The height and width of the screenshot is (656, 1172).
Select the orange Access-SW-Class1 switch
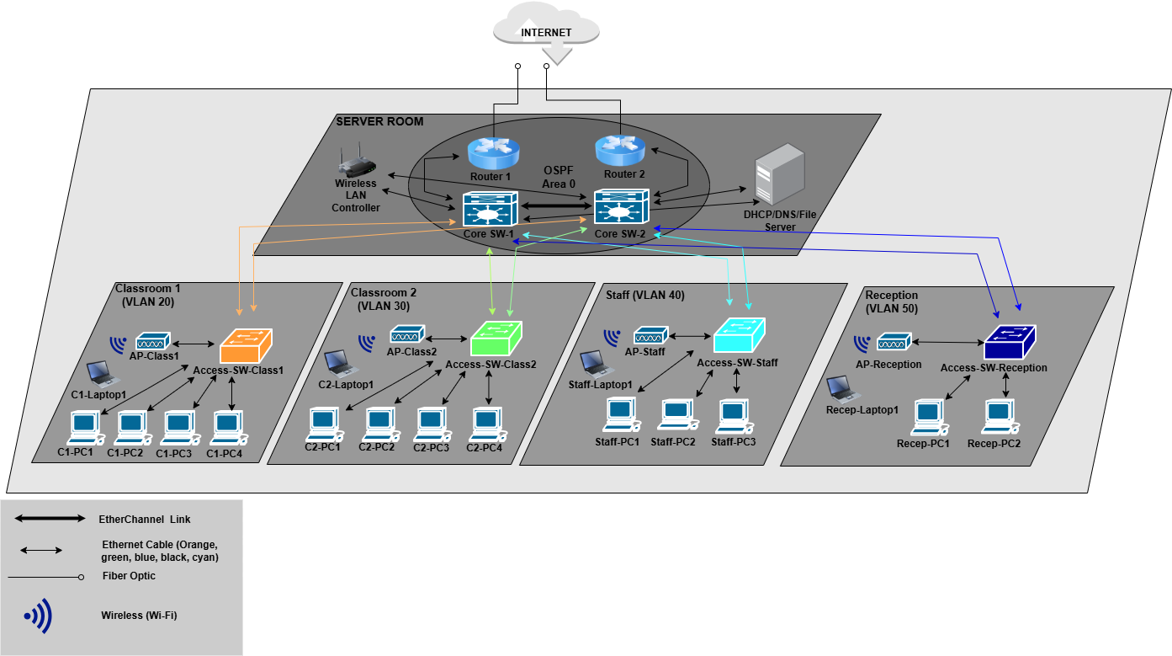[246, 343]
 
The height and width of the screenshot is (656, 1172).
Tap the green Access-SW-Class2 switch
[496, 338]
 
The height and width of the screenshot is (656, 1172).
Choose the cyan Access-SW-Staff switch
[740, 334]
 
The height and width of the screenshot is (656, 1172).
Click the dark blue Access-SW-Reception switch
[1010, 342]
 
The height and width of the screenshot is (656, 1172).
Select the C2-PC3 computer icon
[431, 423]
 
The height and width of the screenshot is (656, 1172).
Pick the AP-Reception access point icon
[889, 343]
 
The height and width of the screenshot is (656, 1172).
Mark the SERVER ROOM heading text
[379, 122]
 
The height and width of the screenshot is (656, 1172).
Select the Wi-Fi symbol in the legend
[38, 616]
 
